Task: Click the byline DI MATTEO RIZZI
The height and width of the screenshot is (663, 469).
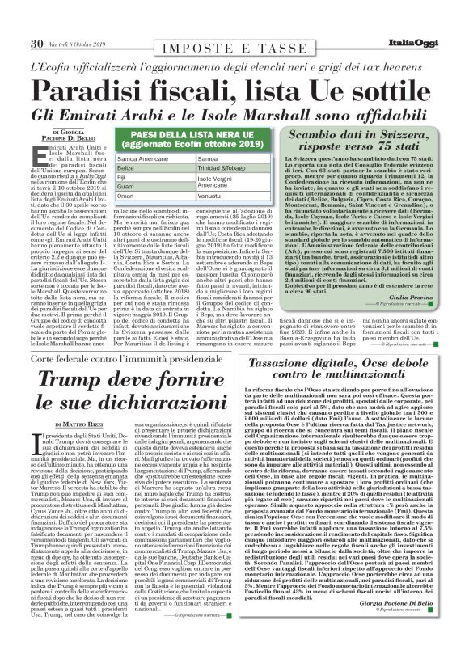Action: pyautogui.click(x=84, y=424)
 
